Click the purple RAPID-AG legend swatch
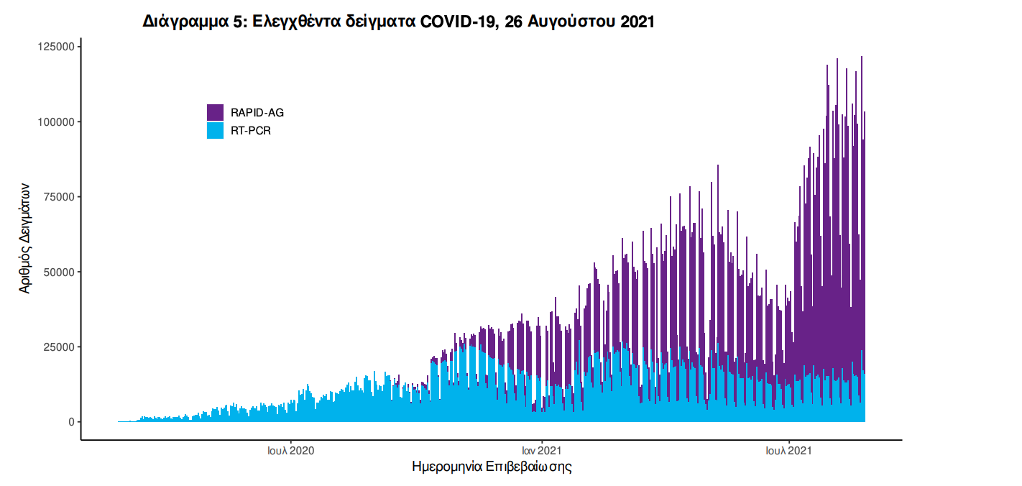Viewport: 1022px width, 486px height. click(x=215, y=112)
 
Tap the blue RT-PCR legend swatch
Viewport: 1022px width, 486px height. click(x=215, y=131)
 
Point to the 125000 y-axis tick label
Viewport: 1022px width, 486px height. click(x=56, y=47)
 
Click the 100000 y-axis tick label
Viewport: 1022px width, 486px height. click(x=56, y=122)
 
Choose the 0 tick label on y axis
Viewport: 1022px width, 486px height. click(x=71, y=422)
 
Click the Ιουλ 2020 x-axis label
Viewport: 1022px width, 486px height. click(x=290, y=451)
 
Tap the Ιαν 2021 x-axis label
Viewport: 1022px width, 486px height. click(x=541, y=451)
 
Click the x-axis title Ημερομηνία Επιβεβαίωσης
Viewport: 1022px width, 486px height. click(x=492, y=467)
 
